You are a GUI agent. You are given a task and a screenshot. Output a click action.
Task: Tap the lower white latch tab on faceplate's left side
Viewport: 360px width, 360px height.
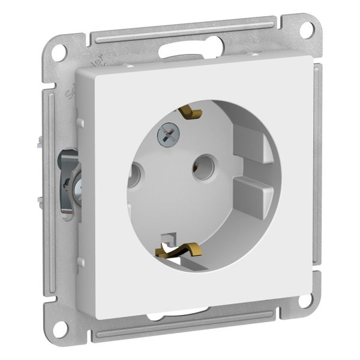coord(79,247)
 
